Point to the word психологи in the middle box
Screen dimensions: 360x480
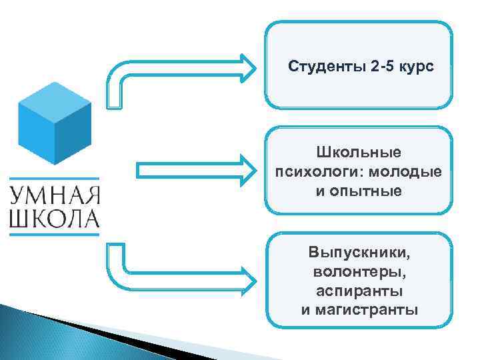tap(313, 172)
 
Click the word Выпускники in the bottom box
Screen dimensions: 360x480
tap(359, 253)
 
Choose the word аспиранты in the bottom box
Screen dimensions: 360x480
tap(359, 291)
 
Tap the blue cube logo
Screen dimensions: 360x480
tap(55, 125)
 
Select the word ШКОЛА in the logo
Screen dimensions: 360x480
tap(55, 218)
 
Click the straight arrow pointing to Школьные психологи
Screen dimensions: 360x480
tap(193, 170)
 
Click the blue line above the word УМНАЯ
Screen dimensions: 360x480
tap(55, 179)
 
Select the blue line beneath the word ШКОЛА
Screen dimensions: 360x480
tap(55, 234)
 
